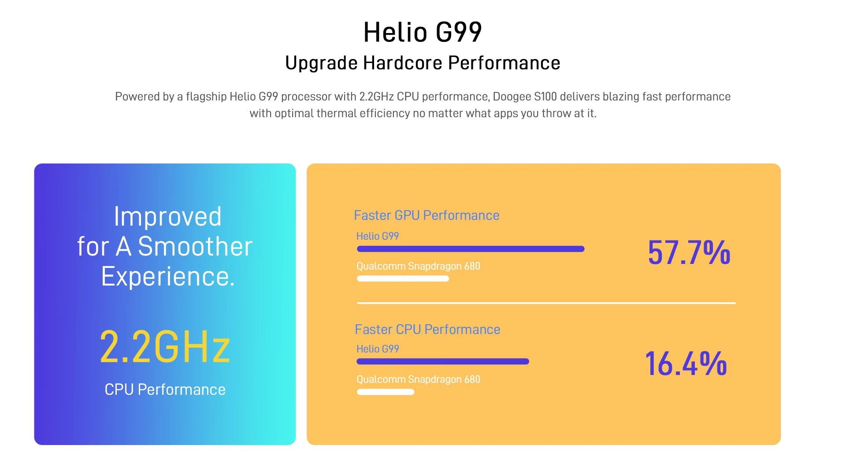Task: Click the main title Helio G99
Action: pyautogui.click(x=423, y=32)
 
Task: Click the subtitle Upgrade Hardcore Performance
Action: pyautogui.click(x=423, y=63)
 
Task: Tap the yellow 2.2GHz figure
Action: pyautogui.click(x=165, y=347)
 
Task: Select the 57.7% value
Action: pyautogui.click(x=689, y=252)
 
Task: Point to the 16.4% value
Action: pyautogui.click(x=686, y=364)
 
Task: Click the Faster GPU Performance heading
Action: pyautogui.click(x=427, y=215)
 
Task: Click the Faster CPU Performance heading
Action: pyautogui.click(x=427, y=330)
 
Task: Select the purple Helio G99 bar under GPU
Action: pyautogui.click(x=471, y=249)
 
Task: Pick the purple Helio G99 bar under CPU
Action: pyautogui.click(x=443, y=362)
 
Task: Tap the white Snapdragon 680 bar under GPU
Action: pyautogui.click(x=403, y=278)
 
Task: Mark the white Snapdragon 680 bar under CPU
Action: pyautogui.click(x=386, y=392)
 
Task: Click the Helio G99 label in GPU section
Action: pyautogui.click(x=378, y=236)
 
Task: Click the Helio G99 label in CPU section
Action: pyautogui.click(x=378, y=349)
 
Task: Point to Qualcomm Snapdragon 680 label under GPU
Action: pyautogui.click(x=418, y=267)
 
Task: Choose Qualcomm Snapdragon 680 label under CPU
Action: pyautogui.click(x=418, y=380)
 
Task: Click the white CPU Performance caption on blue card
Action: pyautogui.click(x=165, y=390)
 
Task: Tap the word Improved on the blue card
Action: pyautogui.click(x=167, y=216)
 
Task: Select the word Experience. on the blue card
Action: pyautogui.click(x=168, y=277)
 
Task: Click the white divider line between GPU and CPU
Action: pyautogui.click(x=546, y=303)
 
